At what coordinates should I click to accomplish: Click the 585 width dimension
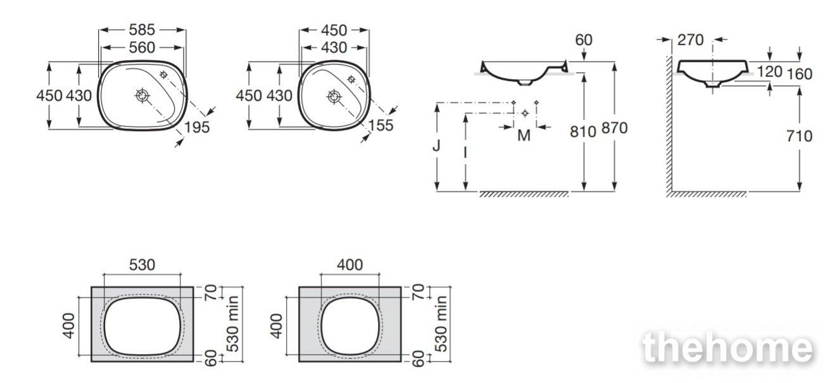[x=142, y=30]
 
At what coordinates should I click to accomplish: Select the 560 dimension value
[x=142, y=47]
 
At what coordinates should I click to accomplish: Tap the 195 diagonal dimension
[x=197, y=127]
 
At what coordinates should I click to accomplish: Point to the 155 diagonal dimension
[x=380, y=125]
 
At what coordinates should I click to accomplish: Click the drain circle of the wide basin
[x=142, y=96]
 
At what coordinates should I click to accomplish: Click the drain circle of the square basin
[x=334, y=96]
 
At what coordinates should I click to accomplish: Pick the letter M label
[x=524, y=135]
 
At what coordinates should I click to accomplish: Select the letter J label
[x=436, y=146]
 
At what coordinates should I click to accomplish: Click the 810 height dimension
[x=583, y=132]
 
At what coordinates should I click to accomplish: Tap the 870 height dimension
[x=614, y=128]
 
